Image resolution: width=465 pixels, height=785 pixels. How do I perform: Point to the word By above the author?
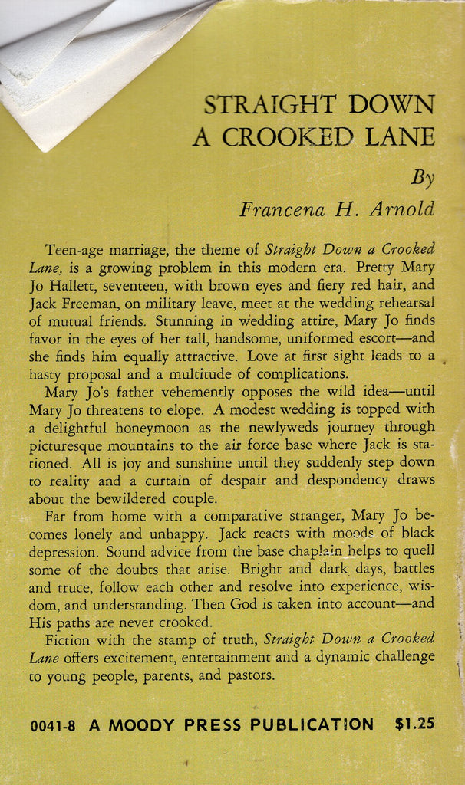tap(423, 178)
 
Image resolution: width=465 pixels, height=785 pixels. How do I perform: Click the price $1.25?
tap(415, 724)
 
